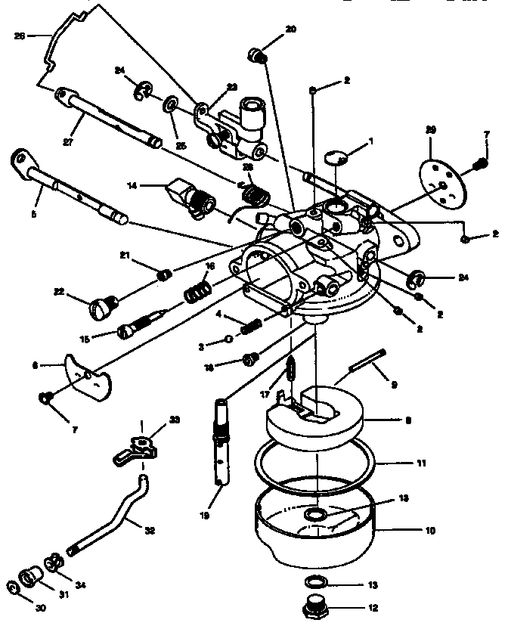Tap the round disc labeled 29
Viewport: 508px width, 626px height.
pos(438,178)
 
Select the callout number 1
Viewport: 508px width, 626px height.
pos(370,141)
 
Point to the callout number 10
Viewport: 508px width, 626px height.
pos(429,531)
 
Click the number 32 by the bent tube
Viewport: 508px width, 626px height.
pos(149,531)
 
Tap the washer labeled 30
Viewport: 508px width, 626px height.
pos(14,587)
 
